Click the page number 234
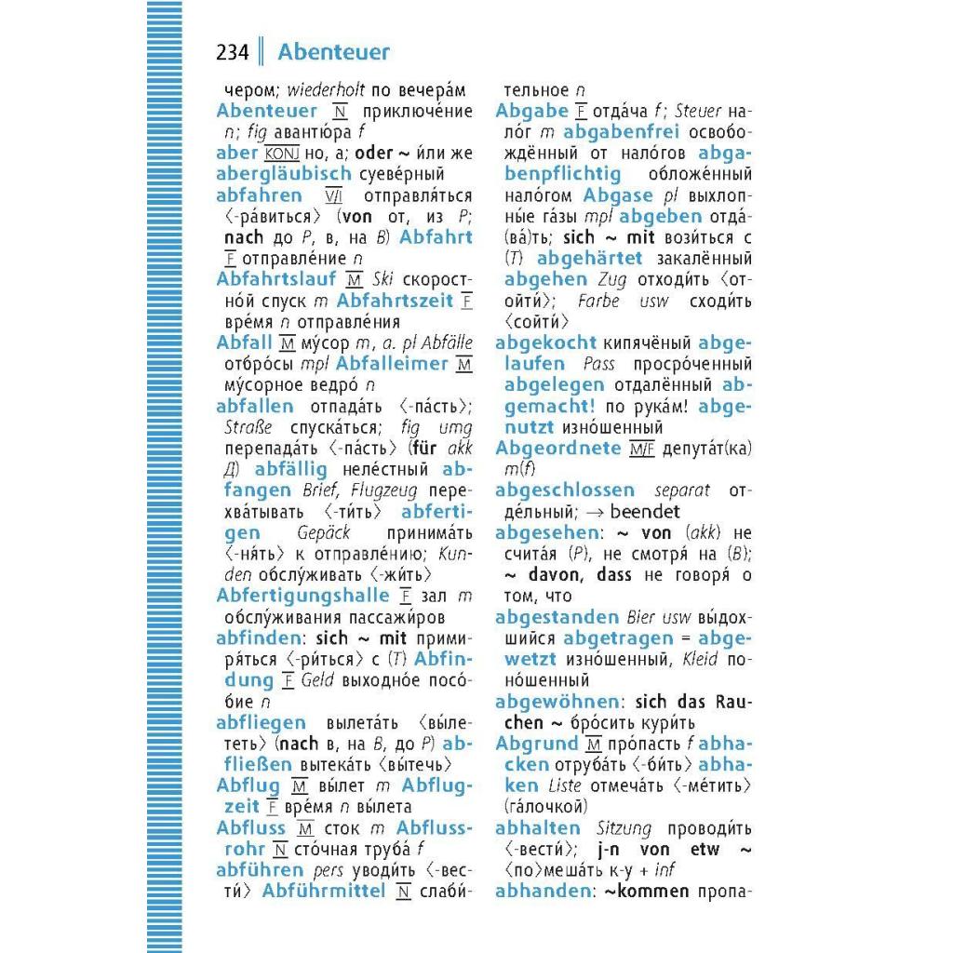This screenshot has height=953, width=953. tap(233, 52)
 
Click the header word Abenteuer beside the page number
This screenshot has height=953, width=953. tap(333, 52)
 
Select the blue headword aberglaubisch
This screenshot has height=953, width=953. tap(284, 174)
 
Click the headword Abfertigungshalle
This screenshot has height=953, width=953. tap(302, 596)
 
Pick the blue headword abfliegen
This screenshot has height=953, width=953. tap(261, 723)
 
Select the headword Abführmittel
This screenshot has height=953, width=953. tap(324, 892)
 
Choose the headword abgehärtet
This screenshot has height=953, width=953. tap(590, 259)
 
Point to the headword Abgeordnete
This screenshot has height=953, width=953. tap(557, 448)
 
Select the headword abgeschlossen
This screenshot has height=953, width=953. tap(565, 490)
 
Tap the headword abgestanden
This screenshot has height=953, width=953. tap(557, 617)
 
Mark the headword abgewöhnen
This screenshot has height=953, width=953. tap(557, 702)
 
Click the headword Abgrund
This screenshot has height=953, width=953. tap(537, 744)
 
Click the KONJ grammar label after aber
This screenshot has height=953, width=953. tap(280, 154)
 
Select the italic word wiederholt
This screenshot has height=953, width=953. tap(326, 90)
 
